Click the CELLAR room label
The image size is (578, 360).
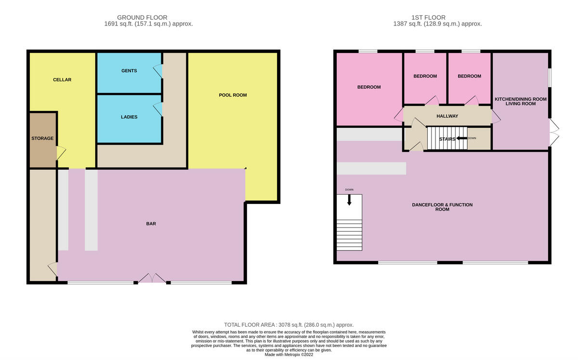click(62, 80)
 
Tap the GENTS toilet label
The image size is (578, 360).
click(129, 71)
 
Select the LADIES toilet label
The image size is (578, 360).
click(129, 117)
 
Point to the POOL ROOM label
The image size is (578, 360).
click(233, 95)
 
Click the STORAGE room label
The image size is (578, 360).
click(42, 138)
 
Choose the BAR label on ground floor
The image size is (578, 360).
click(151, 224)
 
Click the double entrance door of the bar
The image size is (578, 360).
click(152, 279)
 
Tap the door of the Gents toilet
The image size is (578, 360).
click(158, 71)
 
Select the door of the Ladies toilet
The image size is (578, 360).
click(158, 109)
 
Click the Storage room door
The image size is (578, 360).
click(61, 154)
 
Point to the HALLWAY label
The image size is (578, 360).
click(447, 116)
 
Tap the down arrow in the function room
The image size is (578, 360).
click(349, 199)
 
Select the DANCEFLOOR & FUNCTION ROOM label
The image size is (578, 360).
click(442, 207)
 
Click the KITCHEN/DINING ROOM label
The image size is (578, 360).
click(521, 99)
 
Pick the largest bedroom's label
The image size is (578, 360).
click(369, 87)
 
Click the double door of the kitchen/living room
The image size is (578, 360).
click(554, 133)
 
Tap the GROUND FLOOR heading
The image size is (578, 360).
click(149, 17)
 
